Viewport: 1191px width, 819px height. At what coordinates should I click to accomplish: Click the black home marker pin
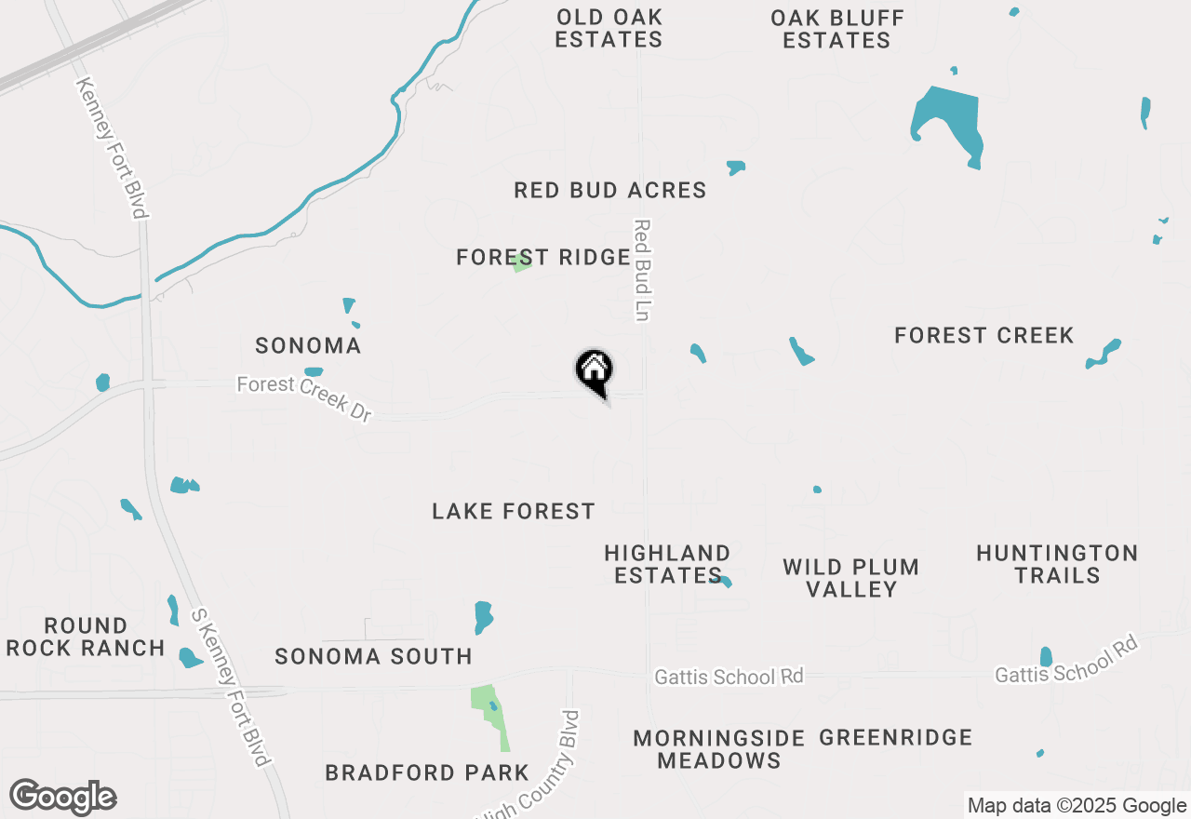tap(594, 371)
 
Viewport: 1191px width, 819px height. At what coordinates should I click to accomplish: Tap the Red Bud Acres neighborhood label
tap(610, 191)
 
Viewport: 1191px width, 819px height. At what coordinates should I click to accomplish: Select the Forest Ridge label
tap(543, 258)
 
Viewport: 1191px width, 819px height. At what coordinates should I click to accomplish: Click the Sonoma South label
tap(373, 657)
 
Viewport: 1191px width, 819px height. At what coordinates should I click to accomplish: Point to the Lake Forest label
tap(514, 511)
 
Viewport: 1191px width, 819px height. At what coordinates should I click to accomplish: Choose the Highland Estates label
tap(667, 564)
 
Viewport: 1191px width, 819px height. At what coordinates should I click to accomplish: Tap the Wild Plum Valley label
tap(850, 578)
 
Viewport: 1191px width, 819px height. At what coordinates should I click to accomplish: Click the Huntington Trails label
tap(1057, 564)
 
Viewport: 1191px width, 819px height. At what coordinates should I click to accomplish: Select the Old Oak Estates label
tap(609, 28)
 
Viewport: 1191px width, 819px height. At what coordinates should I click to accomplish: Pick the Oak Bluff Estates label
tap(836, 28)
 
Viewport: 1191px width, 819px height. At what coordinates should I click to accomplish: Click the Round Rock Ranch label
tap(86, 637)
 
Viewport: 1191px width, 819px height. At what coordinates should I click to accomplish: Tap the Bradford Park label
tap(427, 772)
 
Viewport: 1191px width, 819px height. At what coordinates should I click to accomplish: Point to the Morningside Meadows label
tap(718, 749)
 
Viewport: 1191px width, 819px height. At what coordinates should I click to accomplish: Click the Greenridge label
tap(896, 738)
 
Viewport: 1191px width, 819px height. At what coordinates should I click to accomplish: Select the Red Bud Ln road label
tap(641, 270)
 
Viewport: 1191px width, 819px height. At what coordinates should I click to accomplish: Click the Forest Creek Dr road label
tap(304, 398)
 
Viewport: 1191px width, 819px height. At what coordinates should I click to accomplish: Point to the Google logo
tap(62, 798)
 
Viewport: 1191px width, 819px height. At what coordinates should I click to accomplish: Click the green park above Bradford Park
tap(489, 711)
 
